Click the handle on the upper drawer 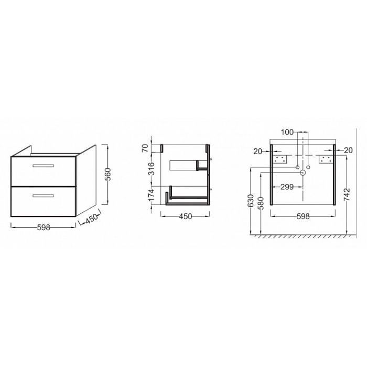pos(44,166)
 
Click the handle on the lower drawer pos(44,196)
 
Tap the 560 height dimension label pos(107,175)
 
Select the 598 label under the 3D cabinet pos(44,227)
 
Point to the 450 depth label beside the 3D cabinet pos(91,219)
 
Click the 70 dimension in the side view pos(145,148)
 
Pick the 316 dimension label pos(152,169)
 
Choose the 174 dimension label pos(152,195)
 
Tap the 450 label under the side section pos(186,217)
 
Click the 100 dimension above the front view pos(287,132)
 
